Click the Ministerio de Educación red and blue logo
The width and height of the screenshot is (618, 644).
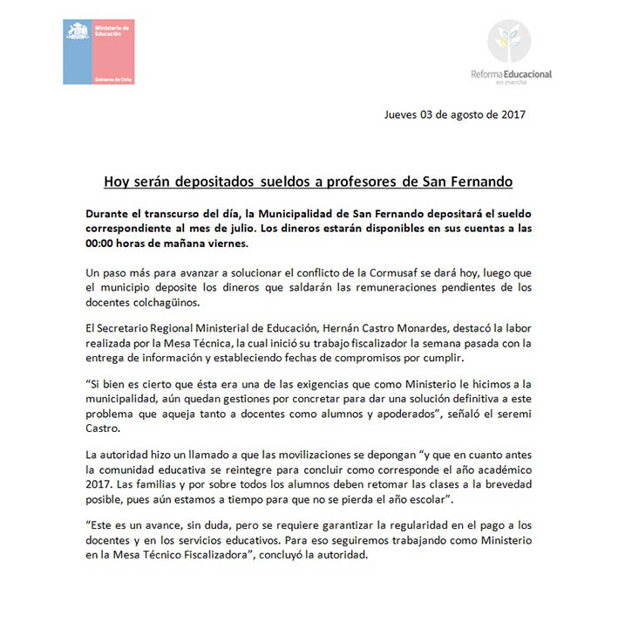97,52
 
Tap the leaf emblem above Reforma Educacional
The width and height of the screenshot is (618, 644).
509,45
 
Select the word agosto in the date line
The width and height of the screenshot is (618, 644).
467,113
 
